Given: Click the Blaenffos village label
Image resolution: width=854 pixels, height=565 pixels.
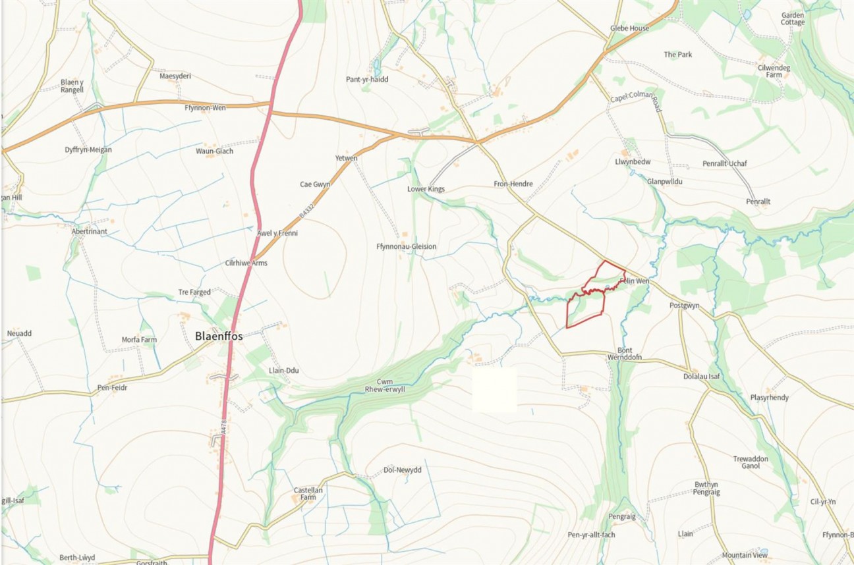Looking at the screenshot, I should point(219,336).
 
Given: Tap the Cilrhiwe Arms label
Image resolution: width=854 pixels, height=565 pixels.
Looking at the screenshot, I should point(246,263).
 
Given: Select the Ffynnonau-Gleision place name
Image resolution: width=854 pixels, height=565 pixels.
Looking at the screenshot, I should point(406,247).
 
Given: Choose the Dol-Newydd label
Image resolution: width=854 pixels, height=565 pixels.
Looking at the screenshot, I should point(402,470).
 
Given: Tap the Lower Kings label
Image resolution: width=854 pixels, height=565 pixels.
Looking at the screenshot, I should point(426,189).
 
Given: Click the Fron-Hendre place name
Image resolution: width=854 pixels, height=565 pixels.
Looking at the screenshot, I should point(513,184).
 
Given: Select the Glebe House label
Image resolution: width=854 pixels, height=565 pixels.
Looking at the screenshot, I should point(629,29).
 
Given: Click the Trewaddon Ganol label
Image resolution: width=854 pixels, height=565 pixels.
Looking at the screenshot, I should point(751,462).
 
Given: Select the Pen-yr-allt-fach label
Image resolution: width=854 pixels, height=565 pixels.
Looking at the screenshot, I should point(591,535).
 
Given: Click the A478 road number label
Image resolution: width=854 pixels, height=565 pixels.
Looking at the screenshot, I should point(224,427).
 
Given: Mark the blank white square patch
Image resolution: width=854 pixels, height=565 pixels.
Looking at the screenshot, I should point(494,390).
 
